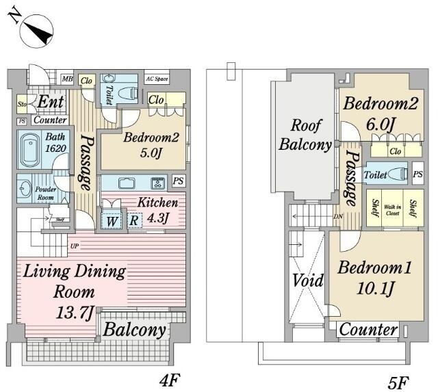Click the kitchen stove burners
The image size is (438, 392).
coord(157,183)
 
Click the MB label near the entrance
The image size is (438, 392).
coord(67,79)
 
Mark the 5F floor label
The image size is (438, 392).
coord(398,380)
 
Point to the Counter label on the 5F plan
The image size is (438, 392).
coord(369,330)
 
